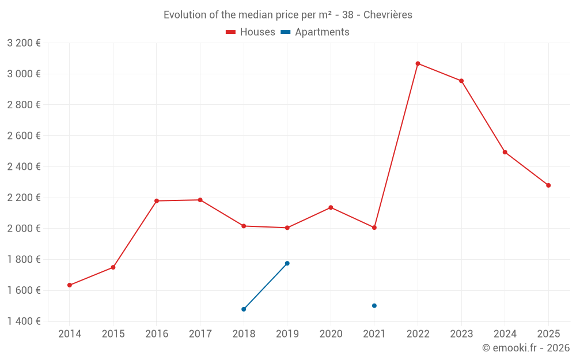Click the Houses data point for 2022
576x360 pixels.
418,63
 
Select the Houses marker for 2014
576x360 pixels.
70,285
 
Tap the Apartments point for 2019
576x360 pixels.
287,263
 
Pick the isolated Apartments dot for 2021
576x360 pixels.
374,306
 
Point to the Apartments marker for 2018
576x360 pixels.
244,309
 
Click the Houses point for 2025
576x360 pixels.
548,185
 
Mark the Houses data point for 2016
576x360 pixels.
157,201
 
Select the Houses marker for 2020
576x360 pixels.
331,207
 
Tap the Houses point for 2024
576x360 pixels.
505,152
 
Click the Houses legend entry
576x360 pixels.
251,32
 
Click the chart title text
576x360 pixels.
288,15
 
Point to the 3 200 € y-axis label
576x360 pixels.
24,43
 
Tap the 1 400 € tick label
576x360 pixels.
24,321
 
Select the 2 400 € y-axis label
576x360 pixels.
24,167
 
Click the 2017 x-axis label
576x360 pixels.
200,334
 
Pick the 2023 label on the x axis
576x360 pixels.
461,334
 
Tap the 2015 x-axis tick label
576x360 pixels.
113,334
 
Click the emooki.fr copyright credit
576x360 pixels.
525,348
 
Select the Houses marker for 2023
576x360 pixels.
461,81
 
